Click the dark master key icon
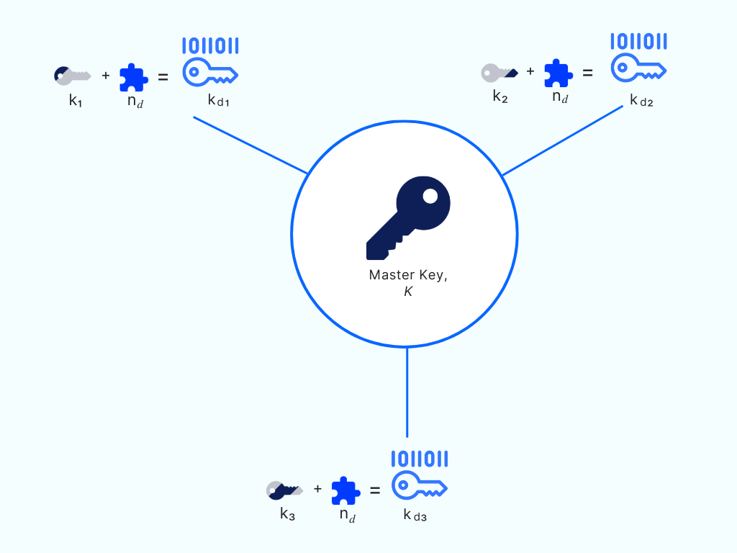(x=408, y=217)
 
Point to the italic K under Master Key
(x=408, y=292)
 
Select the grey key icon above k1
(x=73, y=76)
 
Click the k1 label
(x=76, y=100)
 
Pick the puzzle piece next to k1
(x=134, y=77)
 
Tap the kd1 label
(x=219, y=101)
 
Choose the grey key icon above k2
(x=499, y=73)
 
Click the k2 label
(x=500, y=96)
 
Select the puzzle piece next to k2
(x=559, y=73)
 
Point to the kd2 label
(x=641, y=100)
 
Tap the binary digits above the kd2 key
(x=639, y=41)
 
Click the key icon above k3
(x=285, y=490)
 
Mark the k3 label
(x=288, y=514)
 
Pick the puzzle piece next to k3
(x=346, y=490)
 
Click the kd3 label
(x=415, y=515)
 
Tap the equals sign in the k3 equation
(x=374, y=490)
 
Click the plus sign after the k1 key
(x=106, y=75)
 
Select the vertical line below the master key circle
(x=407, y=392)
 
